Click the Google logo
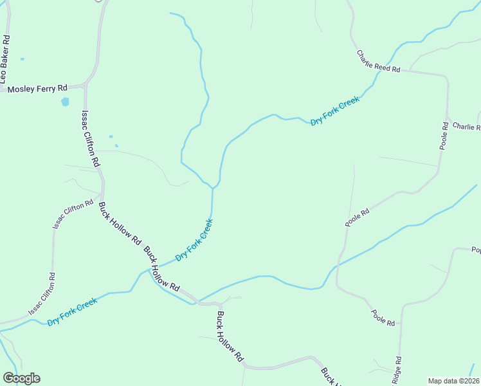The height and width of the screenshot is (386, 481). pyautogui.click(x=21, y=378)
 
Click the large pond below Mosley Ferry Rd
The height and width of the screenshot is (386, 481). pyautogui.click(x=65, y=102)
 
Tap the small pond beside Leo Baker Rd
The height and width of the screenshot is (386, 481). pyautogui.click(x=22, y=59)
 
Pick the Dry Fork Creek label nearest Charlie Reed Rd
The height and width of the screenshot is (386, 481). pyautogui.click(x=335, y=111)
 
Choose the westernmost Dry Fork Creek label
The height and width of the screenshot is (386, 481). pyautogui.click(x=72, y=311)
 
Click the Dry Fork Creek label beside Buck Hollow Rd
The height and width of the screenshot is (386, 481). pyautogui.click(x=194, y=239)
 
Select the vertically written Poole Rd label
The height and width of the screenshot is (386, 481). pyautogui.click(x=444, y=135)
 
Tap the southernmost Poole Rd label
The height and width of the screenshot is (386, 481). pyautogui.click(x=382, y=317)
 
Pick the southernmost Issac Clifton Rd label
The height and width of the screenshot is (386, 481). pyautogui.click(x=42, y=294)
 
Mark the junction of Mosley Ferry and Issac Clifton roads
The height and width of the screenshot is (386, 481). pyautogui.click(x=86, y=85)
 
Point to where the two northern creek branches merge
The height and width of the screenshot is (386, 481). pyautogui.click(x=213, y=188)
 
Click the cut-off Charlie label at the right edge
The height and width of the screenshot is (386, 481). pyautogui.click(x=466, y=126)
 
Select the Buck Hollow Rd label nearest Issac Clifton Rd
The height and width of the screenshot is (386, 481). pyautogui.click(x=119, y=224)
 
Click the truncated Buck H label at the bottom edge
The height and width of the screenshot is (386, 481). pyautogui.click(x=329, y=376)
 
